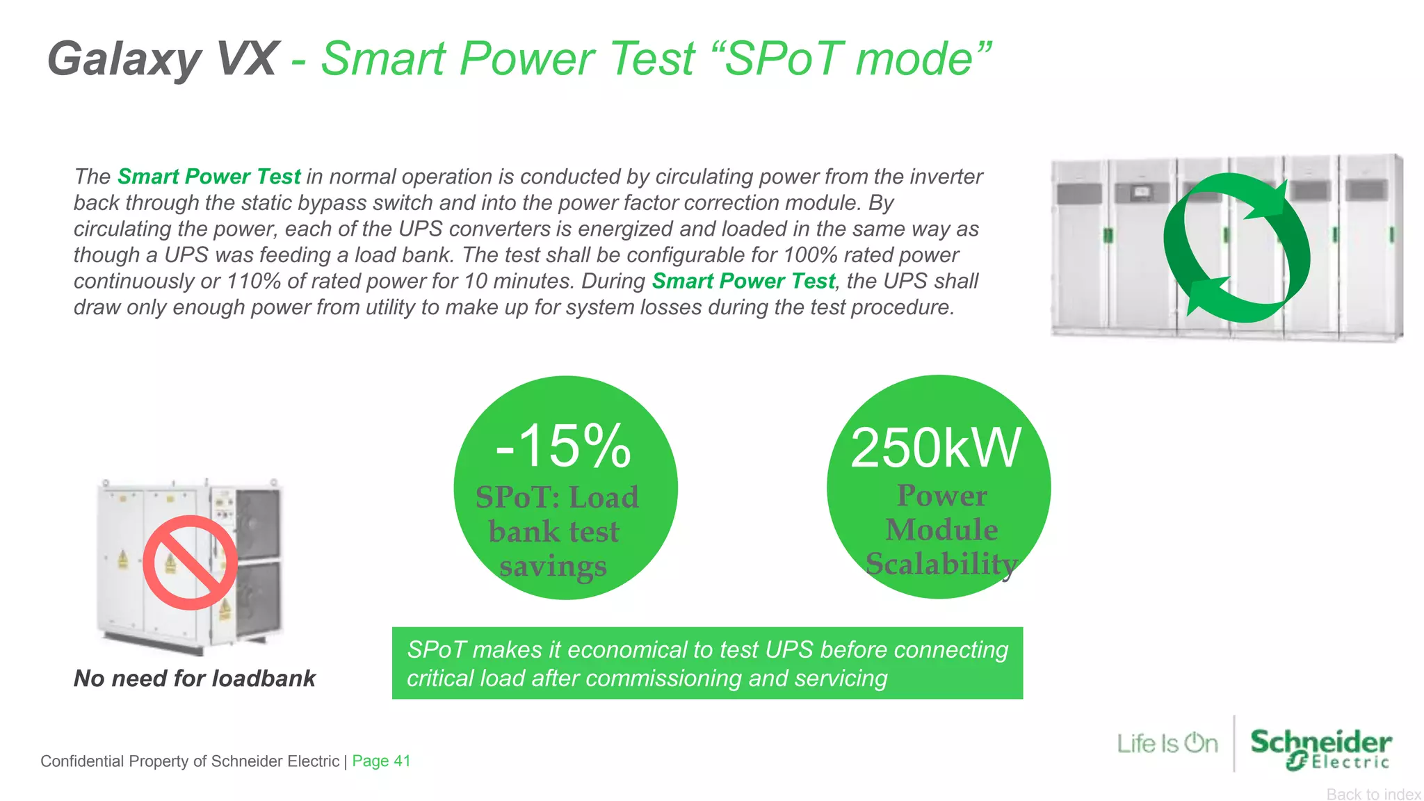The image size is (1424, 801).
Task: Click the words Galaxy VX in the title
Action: point(162,60)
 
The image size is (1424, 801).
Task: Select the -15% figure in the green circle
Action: point(563,446)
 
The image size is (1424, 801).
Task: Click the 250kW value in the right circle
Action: point(936,448)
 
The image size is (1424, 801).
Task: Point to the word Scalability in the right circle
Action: point(941,564)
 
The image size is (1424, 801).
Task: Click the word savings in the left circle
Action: point(553,566)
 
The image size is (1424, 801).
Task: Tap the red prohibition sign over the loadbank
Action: point(190,562)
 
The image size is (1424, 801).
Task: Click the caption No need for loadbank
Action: point(195,678)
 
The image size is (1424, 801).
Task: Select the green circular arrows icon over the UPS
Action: point(1236,248)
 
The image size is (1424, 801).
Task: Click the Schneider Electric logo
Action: point(1320,748)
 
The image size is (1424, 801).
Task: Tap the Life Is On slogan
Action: point(1167,743)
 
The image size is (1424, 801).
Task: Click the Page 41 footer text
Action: point(381,761)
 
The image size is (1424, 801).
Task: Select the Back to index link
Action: point(1373,794)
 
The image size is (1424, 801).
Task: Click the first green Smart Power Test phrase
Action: point(209,177)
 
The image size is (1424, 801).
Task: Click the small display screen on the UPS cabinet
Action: point(1140,191)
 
